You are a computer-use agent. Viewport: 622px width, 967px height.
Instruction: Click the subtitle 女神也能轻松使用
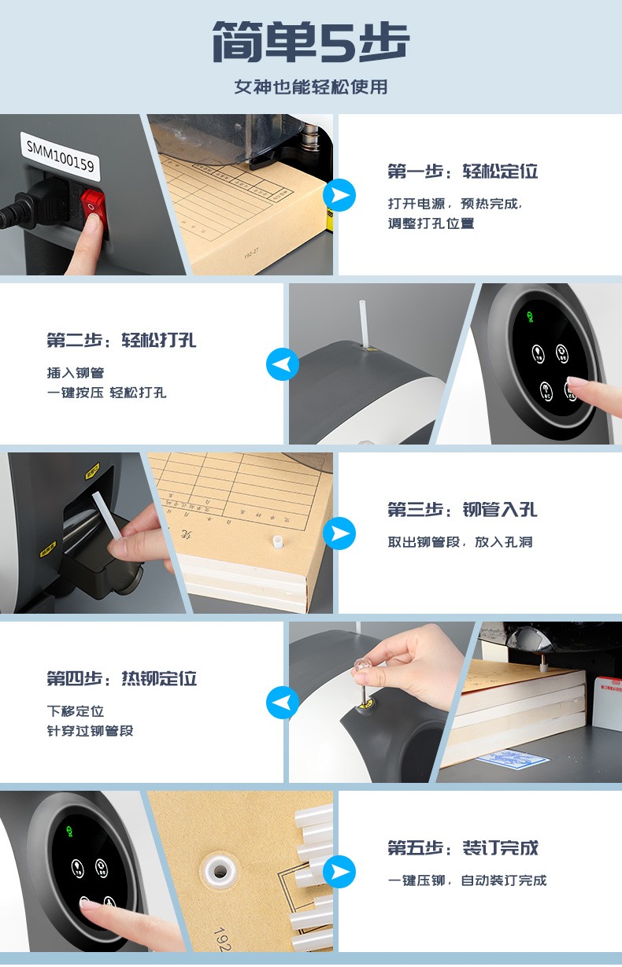click(x=310, y=87)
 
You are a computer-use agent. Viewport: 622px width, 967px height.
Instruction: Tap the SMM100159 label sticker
click(x=60, y=153)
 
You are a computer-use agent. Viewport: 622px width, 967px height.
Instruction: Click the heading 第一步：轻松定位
click(x=462, y=172)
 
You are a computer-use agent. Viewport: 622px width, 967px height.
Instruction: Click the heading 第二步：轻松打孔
click(x=121, y=341)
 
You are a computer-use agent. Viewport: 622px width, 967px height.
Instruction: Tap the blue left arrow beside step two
click(x=282, y=364)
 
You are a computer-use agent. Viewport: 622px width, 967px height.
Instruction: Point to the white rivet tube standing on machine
click(x=364, y=323)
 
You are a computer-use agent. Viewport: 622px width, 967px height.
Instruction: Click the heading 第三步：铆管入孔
click(x=462, y=510)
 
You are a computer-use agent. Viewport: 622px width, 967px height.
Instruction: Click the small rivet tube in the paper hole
click(x=276, y=543)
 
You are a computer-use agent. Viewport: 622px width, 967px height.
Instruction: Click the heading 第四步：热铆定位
click(x=121, y=679)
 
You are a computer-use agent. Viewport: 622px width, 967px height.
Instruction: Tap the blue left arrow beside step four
click(x=282, y=703)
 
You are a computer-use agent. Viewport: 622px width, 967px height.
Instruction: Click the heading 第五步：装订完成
click(x=462, y=848)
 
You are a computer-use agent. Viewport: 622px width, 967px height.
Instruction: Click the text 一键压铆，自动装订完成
click(x=467, y=880)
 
